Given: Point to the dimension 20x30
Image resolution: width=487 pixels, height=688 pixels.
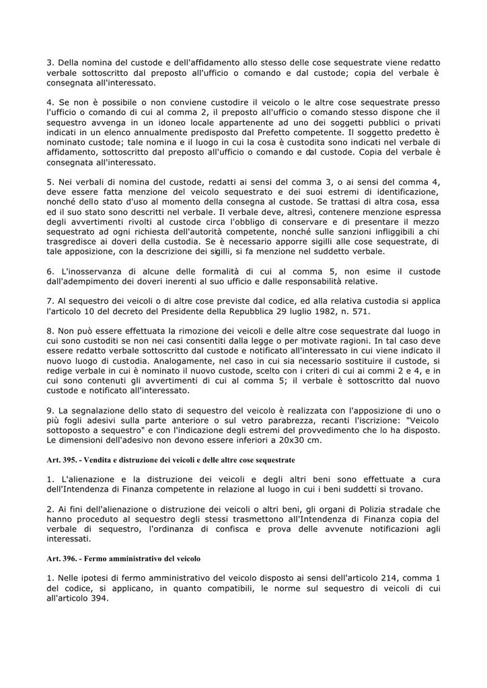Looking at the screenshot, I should [x=304, y=441].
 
